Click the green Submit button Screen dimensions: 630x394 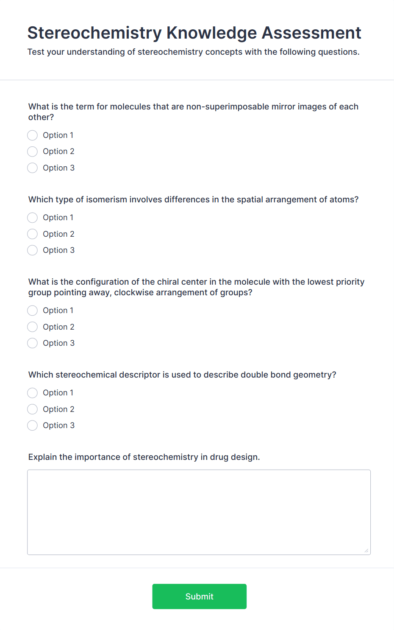[199, 596]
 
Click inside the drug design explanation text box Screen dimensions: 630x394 [199, 512]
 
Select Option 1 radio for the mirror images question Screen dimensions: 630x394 [33, 135]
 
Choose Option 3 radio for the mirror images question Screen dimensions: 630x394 [33, 168]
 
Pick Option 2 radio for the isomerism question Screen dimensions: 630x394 [33, 234]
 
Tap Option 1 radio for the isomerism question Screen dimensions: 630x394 [33, 218]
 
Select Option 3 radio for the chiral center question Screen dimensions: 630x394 [33, 343]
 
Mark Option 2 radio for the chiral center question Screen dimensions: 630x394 [33, 327]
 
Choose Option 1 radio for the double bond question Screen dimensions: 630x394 [33, 393]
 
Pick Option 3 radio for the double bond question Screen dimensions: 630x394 [33, 426]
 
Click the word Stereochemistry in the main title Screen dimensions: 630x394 [94, 33]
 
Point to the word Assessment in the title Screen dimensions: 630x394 [311, 33]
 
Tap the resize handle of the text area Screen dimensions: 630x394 [366, 551]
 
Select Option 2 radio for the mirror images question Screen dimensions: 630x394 [33, 151]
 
